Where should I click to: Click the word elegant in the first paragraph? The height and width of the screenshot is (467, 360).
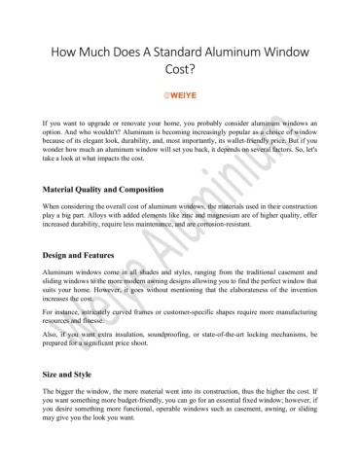(100, 146)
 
